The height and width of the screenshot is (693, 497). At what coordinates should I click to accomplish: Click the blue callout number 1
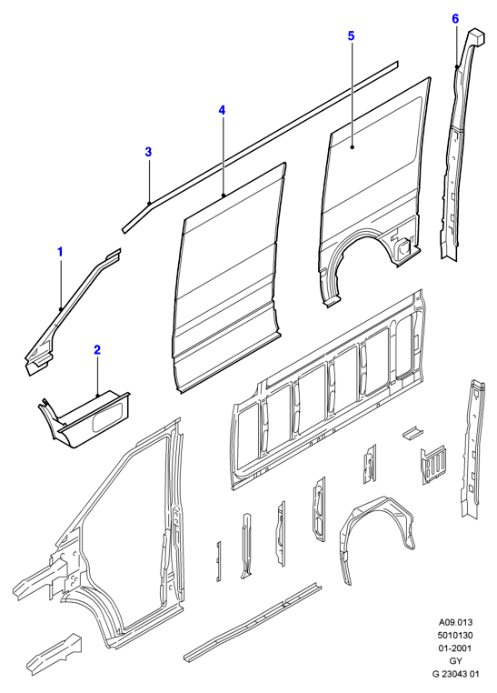[x=60, y=252]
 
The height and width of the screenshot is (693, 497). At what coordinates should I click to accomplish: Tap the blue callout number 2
[x=97, y=350]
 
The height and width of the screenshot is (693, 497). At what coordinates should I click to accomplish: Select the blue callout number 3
[x=148, y=152]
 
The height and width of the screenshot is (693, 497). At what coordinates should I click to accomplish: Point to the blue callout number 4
[x=222, y=110]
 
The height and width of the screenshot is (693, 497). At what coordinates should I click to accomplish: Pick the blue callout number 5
[x=351, y=35]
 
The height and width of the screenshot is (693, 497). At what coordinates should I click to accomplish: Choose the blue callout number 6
[x=455, y=18]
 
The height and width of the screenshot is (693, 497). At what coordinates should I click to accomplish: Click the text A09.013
[x=455, y=622]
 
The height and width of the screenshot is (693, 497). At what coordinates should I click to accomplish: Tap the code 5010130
[x=455, y=635]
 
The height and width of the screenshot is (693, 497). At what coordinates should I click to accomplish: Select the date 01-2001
[x=455, y=648]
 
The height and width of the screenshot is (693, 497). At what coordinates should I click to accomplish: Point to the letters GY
[x=455, y=661]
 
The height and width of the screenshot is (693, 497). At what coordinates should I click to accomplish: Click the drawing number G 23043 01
[x=455, y=674]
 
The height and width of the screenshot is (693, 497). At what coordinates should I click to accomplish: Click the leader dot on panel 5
[x=352, y=147]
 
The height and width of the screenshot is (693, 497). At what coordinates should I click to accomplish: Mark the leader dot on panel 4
[x=224, y=195]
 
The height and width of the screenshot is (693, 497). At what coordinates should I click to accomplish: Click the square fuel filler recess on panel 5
[x=403, y=247]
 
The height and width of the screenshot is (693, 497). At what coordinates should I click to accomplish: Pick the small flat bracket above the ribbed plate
[x=413, y=432]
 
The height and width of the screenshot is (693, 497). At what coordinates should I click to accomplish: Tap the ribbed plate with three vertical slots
[x=433, y=464]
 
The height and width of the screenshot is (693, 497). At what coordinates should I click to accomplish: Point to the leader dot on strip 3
[x=150, y=203]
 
